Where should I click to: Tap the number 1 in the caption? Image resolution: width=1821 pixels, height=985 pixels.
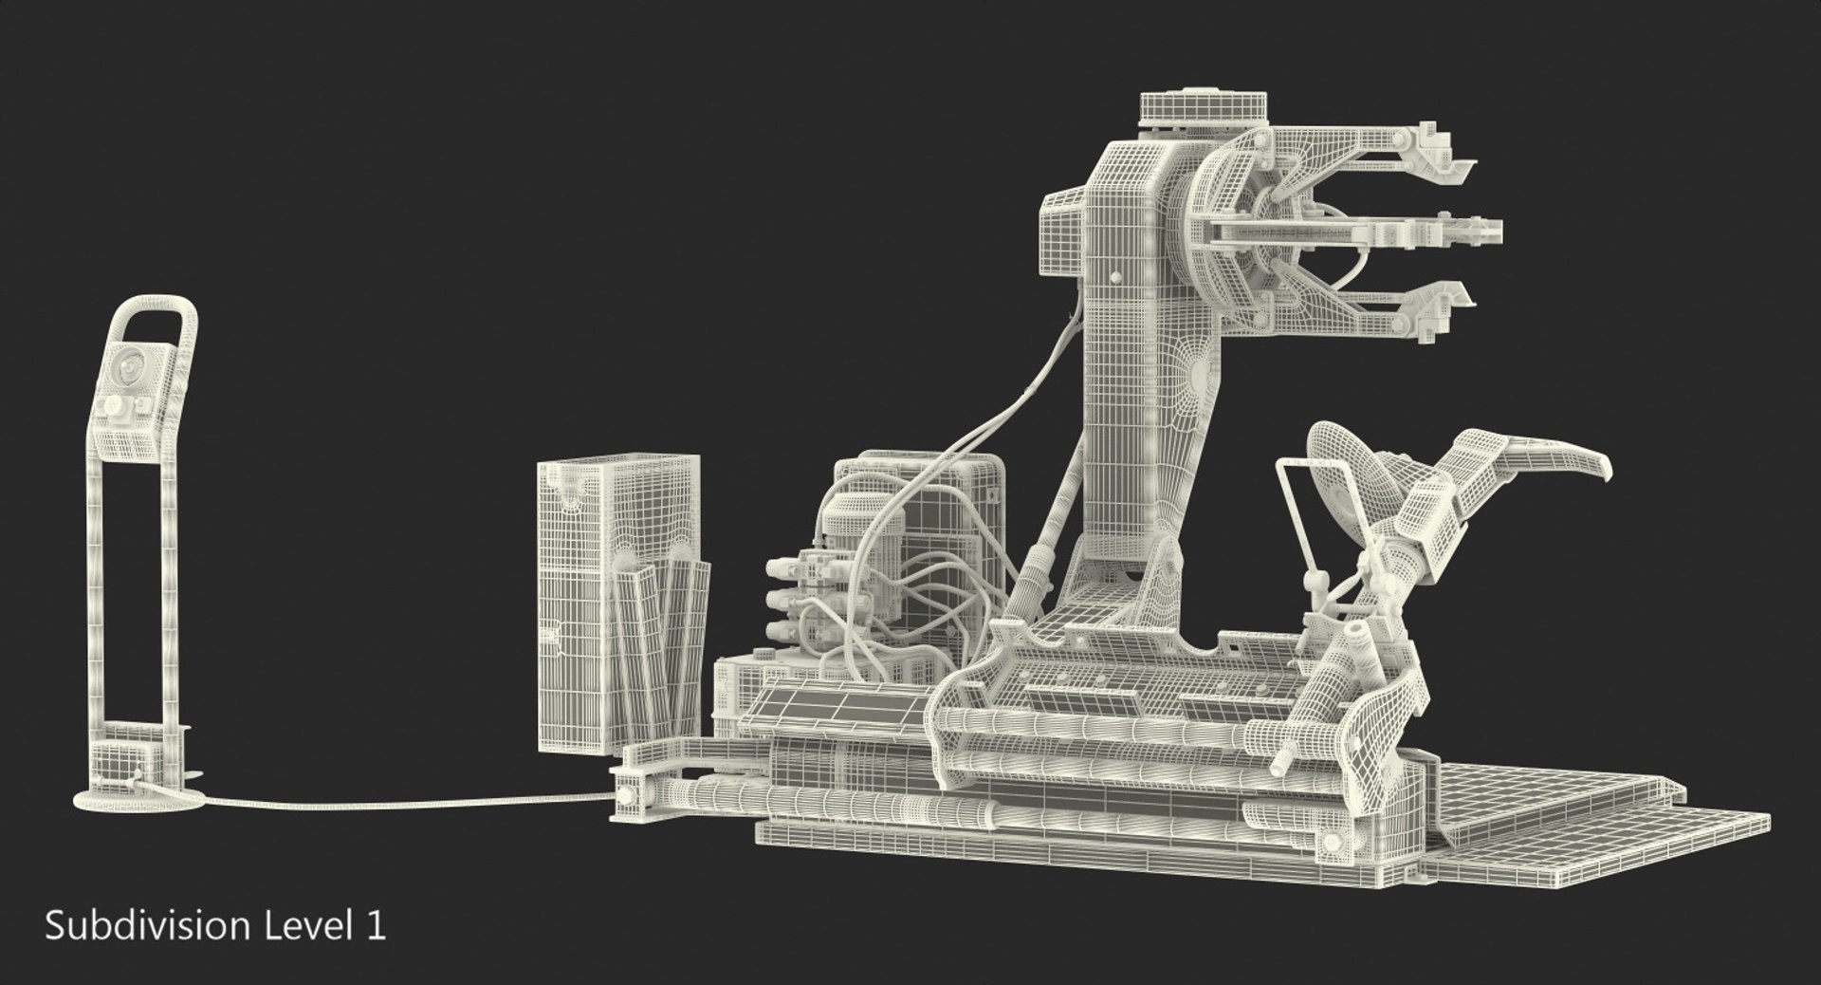coord(377,925)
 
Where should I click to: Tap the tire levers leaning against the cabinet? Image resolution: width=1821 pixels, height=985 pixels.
coord(664,645)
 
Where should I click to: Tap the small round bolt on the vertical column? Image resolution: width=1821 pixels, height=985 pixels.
coord(1113,278)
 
